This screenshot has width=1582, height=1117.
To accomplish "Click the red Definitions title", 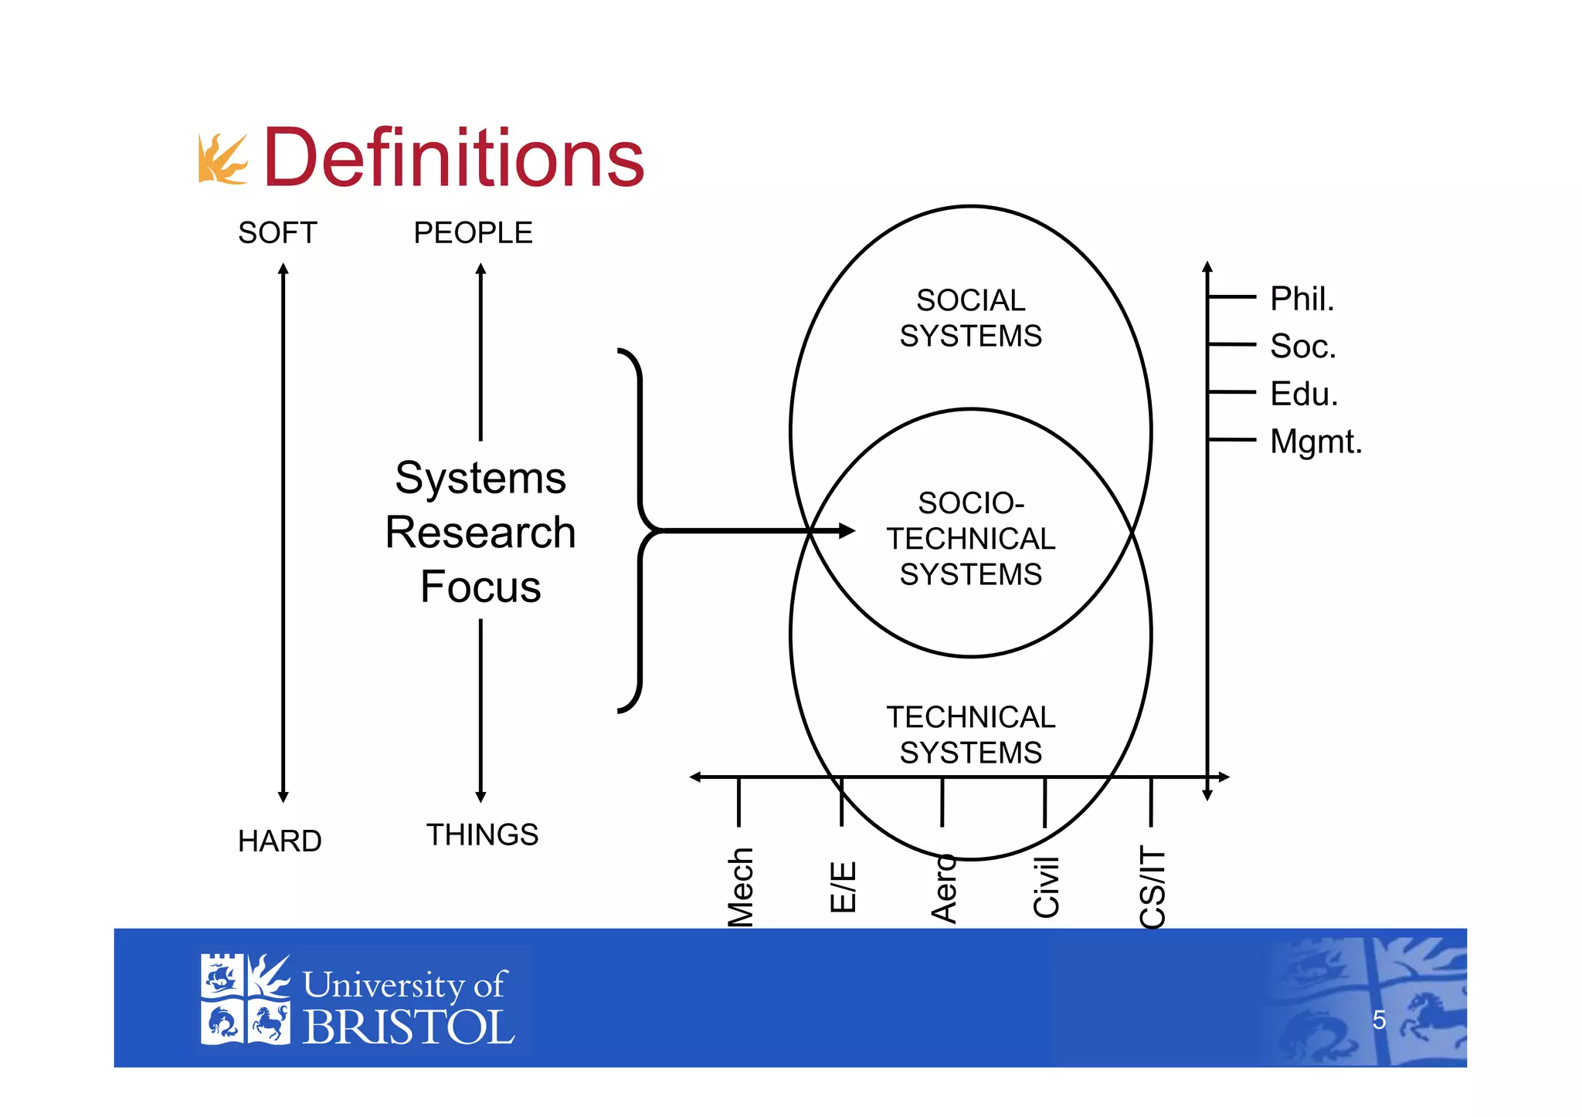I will (x=453, y=158).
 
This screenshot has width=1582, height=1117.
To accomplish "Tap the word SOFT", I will (x=277, y=233).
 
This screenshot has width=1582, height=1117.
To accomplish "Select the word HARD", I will (x=280, y=841).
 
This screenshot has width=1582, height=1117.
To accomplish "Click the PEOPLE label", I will (x=473, y=233).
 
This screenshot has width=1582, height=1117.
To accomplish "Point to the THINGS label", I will (x=482, y=834).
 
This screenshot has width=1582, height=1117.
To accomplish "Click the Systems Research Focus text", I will (x=480, y=532).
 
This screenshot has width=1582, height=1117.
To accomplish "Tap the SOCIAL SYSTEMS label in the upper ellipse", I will (x=970, y=318).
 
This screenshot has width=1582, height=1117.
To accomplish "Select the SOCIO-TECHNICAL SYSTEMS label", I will (x=970, y=538).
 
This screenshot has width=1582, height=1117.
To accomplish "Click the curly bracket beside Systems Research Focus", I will (x=639, y=530).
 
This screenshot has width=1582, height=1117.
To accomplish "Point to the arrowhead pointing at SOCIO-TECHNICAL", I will (x=847, y=530).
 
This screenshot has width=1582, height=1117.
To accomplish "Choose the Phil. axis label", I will (x=1302, y=299).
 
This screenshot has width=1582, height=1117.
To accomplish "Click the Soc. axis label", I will (x=1302, y=346).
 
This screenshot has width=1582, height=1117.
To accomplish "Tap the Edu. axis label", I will (x=1303, y=394).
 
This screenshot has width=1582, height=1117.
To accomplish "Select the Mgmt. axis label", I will (x=1316, y=442).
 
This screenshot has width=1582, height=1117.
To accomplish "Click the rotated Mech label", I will (x=740, y=886).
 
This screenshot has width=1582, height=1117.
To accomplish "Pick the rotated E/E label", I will (x=843, y=886).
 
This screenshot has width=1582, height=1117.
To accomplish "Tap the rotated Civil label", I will (x=1046, y=888).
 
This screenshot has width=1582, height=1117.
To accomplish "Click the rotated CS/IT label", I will (x=1152, y=888).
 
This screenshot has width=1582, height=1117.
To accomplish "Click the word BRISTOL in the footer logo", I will (x=408, y=1027).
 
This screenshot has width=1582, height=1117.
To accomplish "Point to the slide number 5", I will (x=1379, y=1021).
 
